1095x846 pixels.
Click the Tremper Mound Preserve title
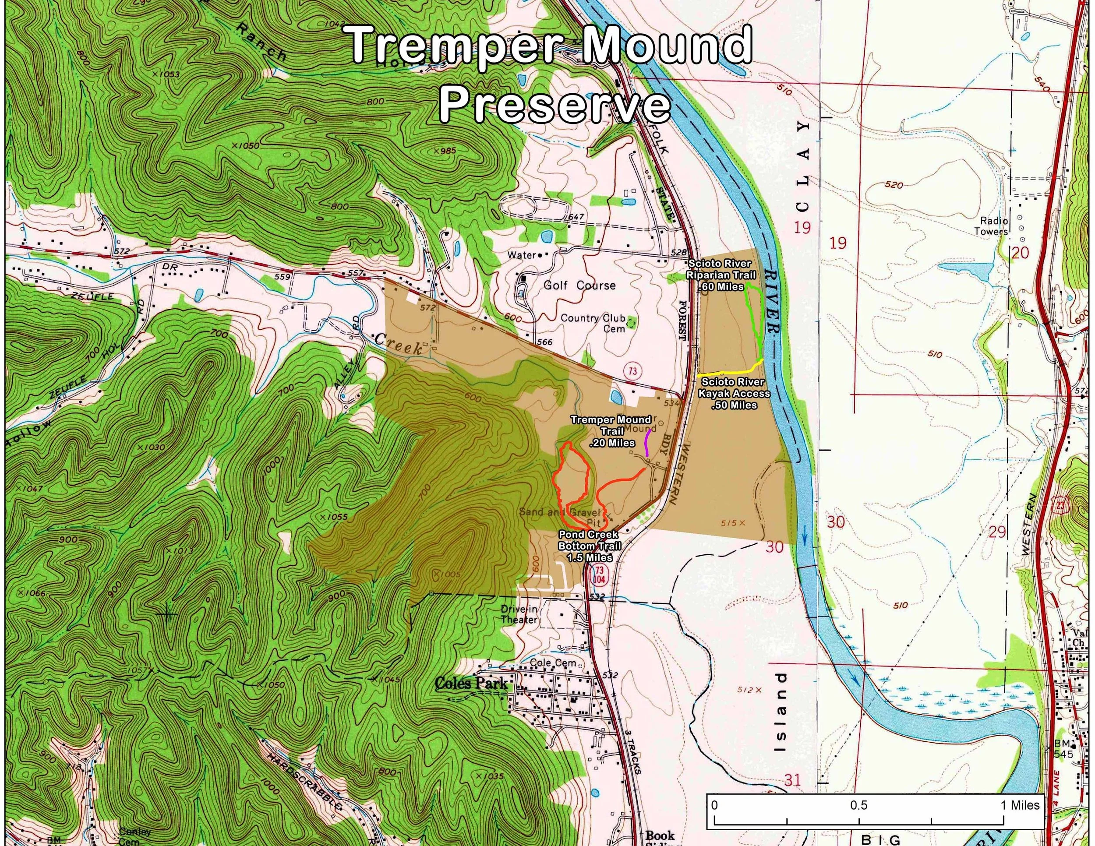click(551, 75)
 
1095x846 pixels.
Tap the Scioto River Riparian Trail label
click(721, 275)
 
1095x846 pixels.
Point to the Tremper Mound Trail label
click(611, 431)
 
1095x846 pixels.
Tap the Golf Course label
click(579, 285)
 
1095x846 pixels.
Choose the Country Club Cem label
click(593, 323)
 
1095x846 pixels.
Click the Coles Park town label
click(471, 683)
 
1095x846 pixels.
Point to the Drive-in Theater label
click(519, 614)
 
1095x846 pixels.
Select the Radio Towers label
click(991, 226)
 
